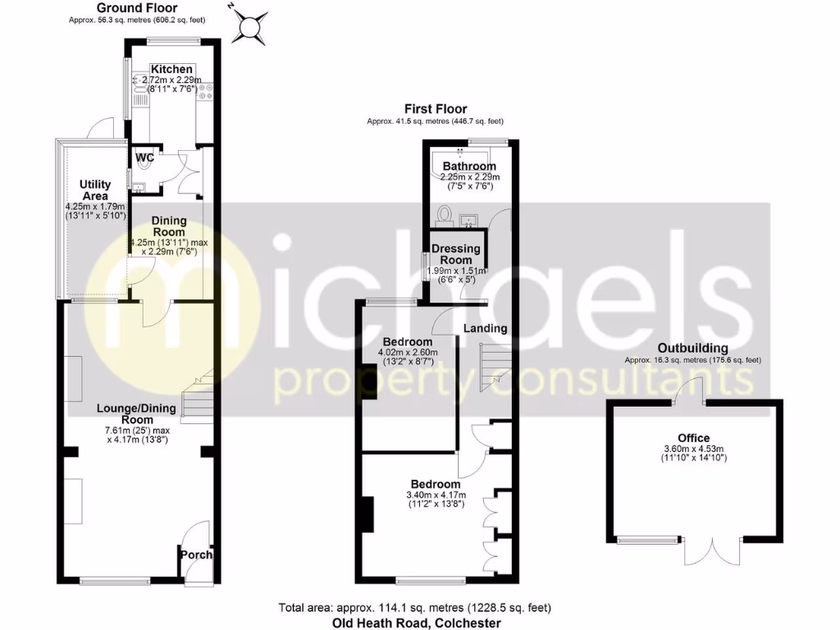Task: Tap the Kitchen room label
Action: (172, 69)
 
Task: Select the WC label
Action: (144, 157)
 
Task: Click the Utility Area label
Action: (95, 190)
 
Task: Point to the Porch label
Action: (197, 555)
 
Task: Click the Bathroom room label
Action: (469, 167)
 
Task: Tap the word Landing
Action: (486, 328)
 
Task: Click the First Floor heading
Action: (436, 109)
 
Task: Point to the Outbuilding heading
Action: (692, 348)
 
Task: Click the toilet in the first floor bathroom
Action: (446, 214)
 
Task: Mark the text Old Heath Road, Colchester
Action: (416, 623)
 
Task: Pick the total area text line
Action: (414, 608)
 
